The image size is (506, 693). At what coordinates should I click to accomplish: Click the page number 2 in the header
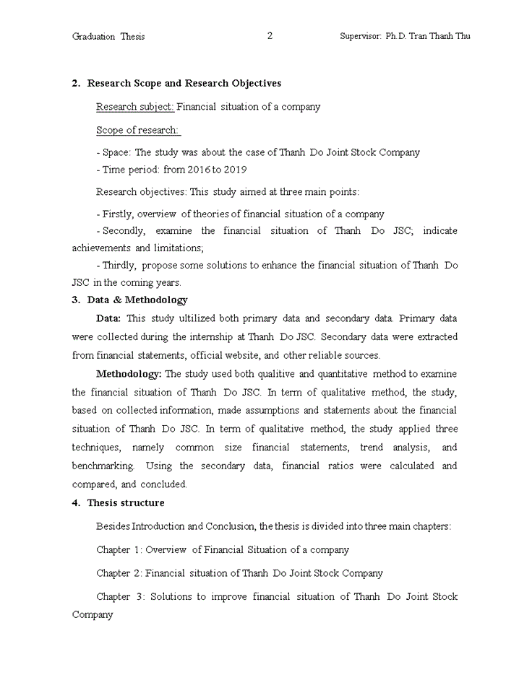270,36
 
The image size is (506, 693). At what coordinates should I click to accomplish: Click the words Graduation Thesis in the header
108,37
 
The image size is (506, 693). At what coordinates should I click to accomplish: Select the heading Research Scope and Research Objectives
184,84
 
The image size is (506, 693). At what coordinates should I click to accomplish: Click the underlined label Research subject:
135,107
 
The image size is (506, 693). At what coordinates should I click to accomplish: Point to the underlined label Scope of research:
137,131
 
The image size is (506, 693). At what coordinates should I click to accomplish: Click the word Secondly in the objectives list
124,231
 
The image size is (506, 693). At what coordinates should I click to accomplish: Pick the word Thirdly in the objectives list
119,266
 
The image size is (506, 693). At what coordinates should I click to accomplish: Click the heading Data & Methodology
137,300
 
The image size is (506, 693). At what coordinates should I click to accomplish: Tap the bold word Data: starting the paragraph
109,318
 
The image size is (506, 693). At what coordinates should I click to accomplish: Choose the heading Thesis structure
126,503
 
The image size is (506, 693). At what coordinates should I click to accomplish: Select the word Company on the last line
93,615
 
